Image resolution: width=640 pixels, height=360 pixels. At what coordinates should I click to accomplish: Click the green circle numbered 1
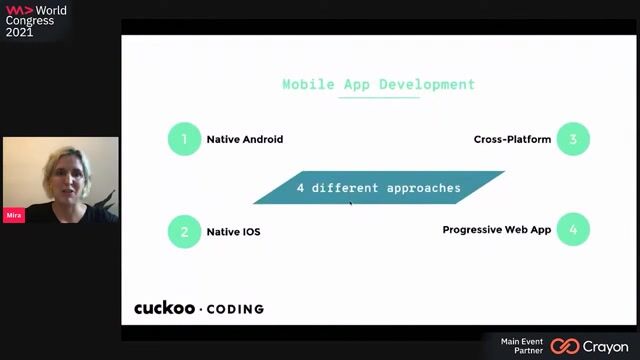pyautogui.click(x=184, y=139)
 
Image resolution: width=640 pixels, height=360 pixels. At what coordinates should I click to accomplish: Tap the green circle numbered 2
pyautogui.click(x=184, y=232)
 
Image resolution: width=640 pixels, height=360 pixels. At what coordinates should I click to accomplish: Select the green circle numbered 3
pyautogui.click(x=573, y=139)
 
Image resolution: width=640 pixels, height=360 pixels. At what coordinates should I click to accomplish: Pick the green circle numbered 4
pyautogui.click(x=573, y=229)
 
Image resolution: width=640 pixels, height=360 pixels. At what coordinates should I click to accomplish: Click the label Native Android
pyautogui.click(x=245, y=140)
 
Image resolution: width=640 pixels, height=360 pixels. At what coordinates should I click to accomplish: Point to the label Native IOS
pyautogui.click(x=233, y=232)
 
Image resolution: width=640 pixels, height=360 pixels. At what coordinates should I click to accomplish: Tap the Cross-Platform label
pyautogui.click(x=512, y=140)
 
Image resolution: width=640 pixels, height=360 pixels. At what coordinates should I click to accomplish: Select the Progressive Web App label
pyautogui.click(x=497, y=230)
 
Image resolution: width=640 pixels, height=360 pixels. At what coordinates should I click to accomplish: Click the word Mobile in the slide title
pyautogui.click(x=309, y=84)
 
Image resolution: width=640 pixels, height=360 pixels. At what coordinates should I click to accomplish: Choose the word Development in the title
pyautogui.click(x=427, y=84)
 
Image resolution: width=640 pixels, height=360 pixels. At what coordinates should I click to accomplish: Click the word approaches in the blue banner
pyautogui.click(x=424, y=188)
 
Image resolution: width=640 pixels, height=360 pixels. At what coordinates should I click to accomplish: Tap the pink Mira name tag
pyautogui.click(x=14, y=215)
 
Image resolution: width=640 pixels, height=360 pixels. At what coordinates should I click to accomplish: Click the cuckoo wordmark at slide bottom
pyautogui.click(x=164, y=308)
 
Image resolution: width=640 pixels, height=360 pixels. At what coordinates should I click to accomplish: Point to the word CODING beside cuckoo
pyautogui.click(x=236, y=309)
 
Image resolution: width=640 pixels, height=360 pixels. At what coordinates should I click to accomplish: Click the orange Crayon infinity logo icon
pyautogui.click(x=565, y=347)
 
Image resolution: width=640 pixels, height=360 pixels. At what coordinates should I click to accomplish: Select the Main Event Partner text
pyautogui.click(x=522, y=346)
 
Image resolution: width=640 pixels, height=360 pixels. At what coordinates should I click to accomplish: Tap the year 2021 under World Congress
pyautogui.click(x=19, y=32)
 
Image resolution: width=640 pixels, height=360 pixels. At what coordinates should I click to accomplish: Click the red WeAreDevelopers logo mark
pyautogui.click(x=19, y=10)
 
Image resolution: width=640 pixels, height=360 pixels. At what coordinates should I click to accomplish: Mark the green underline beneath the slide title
pyautogui.click(x=379, y=98)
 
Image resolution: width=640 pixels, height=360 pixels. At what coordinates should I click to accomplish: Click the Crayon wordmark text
pyautogui.click(x=606, y=347)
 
